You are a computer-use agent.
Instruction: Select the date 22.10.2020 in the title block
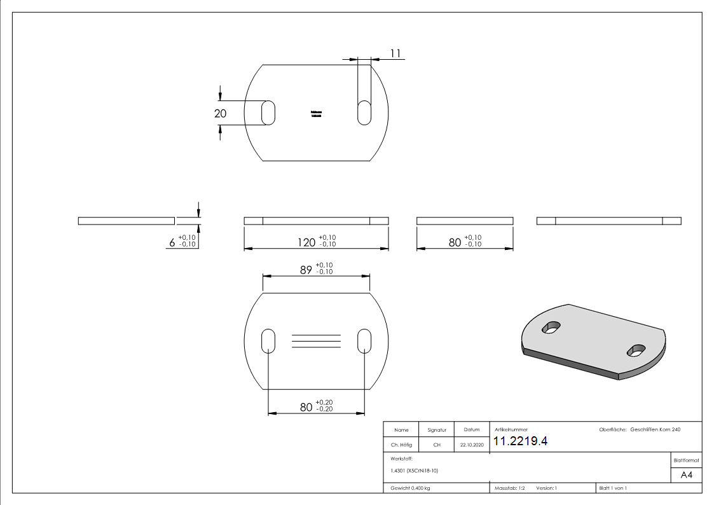click(x=472, y=445)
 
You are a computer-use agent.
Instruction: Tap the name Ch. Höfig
click(x=402, y=445)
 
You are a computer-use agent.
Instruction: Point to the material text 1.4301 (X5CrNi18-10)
click(x=414, y=471)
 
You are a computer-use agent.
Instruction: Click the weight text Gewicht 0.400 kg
click(x=410, y=488)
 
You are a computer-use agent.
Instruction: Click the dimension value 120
click(x=308, y=242)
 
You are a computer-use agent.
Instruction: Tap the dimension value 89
click(x=306, y=270)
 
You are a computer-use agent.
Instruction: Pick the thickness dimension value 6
click(x=172, y=242)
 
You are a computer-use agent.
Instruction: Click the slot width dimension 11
click(x=395, y=54)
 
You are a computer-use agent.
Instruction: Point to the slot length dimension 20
click(x=220, y=113)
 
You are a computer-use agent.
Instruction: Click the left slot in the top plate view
click(x=268, y=113)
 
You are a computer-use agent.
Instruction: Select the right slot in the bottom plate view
click(x=364, y=342)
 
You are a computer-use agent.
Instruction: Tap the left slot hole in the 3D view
click(x=551, y=328)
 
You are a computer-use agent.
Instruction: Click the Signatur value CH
click(x=437, y=445)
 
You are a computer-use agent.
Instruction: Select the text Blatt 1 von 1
click(x=613, y=488)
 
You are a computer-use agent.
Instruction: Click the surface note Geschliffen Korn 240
click(x=655, y=430)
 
